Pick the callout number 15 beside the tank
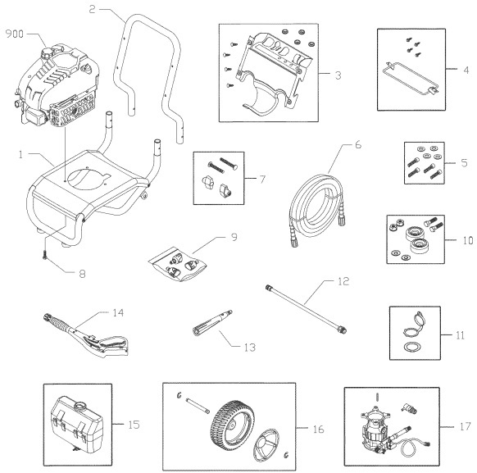pos(135,425)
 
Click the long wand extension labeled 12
pos(308,310)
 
